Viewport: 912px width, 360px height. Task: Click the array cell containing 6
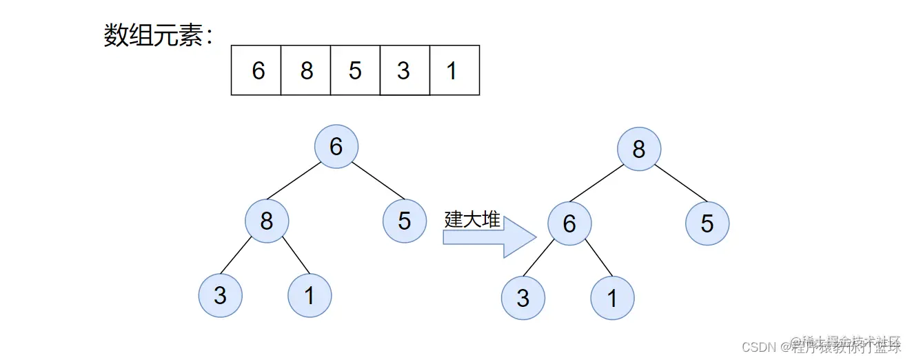tap(256, 70)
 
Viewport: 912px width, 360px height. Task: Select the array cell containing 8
tap(305, 70)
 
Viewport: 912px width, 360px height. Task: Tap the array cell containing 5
tap(355, 70)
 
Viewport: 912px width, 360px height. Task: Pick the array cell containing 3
tap(405, 70)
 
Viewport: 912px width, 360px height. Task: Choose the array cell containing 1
tap(454, 70)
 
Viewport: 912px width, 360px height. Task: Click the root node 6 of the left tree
tap(336, 147)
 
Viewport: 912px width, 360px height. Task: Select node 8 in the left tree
tap(267, 221)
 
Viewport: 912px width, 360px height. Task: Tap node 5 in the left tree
tap(405, 221)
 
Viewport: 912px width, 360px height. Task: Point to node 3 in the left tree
tap(221, 295)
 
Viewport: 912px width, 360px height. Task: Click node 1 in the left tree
tap(310, 295)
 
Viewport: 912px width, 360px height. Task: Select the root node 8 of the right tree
tap(639, 149)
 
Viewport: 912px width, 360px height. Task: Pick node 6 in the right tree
tap(569, 223)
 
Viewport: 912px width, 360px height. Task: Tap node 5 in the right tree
tap(707, 223)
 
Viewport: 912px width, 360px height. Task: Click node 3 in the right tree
tap(523, 298)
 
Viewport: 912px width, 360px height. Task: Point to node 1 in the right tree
tap(612, 298)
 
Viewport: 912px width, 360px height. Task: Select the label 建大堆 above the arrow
tap(472, 219)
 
